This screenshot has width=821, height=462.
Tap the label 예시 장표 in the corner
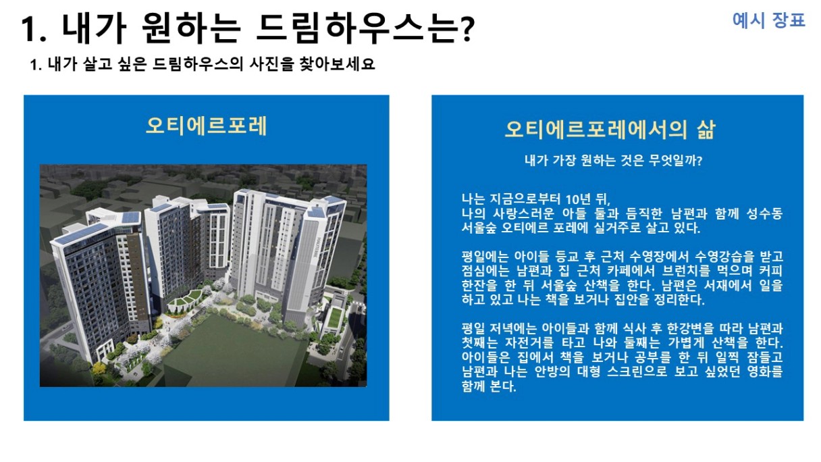(x=768, y=20)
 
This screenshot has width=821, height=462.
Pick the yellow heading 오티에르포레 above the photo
(x=207, y=126)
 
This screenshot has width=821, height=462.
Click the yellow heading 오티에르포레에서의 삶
(x=610, y=129)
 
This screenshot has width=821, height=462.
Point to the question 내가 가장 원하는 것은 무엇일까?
(x=613, y=160)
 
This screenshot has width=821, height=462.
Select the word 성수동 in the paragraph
(x=764, y=213)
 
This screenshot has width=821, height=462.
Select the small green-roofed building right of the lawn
(x=334, y=318)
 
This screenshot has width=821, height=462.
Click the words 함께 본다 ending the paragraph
(x=489, y=386)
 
